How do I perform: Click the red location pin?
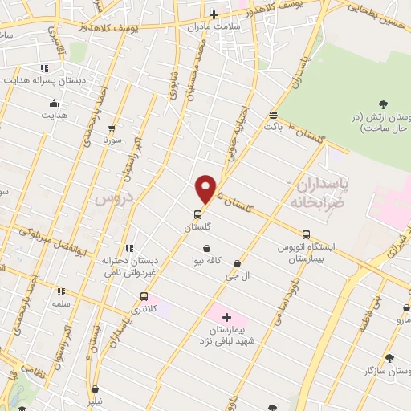click(206, 189)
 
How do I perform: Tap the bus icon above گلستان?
click(197, 214)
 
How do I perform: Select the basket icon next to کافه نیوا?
click(207, 248)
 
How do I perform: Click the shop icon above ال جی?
click(237, 262)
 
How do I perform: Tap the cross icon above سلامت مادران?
click(214, 14)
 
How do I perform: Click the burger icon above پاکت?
click(273, 115)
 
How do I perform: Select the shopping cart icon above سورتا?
click(112, 128)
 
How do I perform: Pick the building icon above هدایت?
click(54, 103)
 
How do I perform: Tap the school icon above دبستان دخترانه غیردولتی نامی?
click(129, 248)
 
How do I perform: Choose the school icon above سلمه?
click(61, 292)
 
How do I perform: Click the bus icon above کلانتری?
click(144, 296)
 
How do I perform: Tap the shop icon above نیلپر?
click(95, 389)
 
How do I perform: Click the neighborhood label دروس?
click(111, 198)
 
